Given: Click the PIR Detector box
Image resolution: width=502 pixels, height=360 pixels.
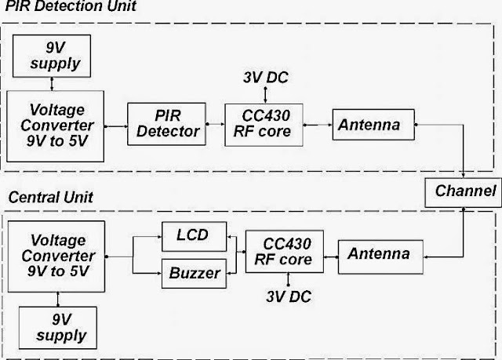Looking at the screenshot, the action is coord(166,124).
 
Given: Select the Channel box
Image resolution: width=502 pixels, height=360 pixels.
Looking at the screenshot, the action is coord(463,193).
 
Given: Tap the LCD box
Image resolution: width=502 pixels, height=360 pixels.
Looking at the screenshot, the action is coord(194,237).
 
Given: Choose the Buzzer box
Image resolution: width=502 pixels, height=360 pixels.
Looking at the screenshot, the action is coord(194,274).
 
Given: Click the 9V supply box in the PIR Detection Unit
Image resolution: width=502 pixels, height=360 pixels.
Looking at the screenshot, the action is coord(52,56).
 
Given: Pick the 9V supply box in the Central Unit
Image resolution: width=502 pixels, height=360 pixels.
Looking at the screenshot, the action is coord(58,328).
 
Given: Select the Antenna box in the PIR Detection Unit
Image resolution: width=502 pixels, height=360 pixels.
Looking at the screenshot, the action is coord(373,125).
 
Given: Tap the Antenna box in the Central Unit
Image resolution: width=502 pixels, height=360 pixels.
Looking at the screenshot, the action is coord(380,257).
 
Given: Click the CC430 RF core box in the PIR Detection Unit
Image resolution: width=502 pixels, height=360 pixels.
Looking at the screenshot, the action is coord(264,125).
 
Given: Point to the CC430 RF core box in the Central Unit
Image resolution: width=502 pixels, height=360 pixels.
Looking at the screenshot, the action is coord(285,252).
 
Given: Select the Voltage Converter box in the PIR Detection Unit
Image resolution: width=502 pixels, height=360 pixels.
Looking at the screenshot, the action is coord(56,126).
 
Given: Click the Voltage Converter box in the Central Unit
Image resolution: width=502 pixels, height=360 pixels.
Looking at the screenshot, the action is coord(56,256).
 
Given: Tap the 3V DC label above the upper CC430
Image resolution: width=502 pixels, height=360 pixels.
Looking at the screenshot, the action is coord(266,78).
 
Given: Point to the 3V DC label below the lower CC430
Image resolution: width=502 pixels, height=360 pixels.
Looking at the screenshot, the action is coord(289,296).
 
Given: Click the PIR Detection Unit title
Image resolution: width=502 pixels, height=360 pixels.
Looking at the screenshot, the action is coord(71,6).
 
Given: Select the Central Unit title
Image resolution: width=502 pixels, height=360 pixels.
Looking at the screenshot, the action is coord(50,197).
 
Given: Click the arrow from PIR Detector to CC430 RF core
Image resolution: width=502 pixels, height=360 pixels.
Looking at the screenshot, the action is coord(216,124).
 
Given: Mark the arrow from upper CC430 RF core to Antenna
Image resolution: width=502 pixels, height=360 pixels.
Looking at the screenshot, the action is coord(318,125).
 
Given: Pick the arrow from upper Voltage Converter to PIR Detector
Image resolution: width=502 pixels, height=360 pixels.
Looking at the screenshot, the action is coord(116,126).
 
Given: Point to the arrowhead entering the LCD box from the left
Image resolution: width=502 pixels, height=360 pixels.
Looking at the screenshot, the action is coord(159,237).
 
